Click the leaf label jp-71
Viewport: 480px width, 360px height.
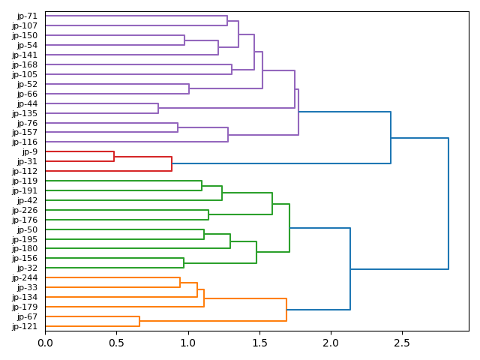tap(28, 16)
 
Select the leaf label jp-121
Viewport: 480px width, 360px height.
tap(25, 326)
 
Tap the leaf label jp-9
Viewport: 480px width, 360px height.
tap(30, 152)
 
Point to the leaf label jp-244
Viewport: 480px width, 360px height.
tap(25, 278)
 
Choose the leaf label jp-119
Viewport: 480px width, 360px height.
tap(25, 181)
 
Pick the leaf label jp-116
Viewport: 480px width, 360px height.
tap(25, 142)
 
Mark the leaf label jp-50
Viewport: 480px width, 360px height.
tap(28, 229)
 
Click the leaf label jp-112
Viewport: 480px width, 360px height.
tap(25, 171)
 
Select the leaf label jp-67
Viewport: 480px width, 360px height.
tap(28, 316)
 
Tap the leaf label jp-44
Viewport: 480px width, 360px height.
tap(28, 103)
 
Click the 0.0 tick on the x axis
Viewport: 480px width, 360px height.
tap(45, 343)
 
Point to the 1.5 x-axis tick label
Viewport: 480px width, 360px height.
tap(259, 343)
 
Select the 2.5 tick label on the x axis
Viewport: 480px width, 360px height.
tap(402, 343)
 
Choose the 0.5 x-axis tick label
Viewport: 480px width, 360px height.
tap(116, 343)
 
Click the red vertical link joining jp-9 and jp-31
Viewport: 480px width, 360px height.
tap(114, 157)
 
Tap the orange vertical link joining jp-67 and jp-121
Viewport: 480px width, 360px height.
tap(139, 322)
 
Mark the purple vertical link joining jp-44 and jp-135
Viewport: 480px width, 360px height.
tap(158, 108)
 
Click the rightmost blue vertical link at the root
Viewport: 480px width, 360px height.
tap(448, 203)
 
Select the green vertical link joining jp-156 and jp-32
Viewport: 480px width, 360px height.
tap(184, 263)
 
